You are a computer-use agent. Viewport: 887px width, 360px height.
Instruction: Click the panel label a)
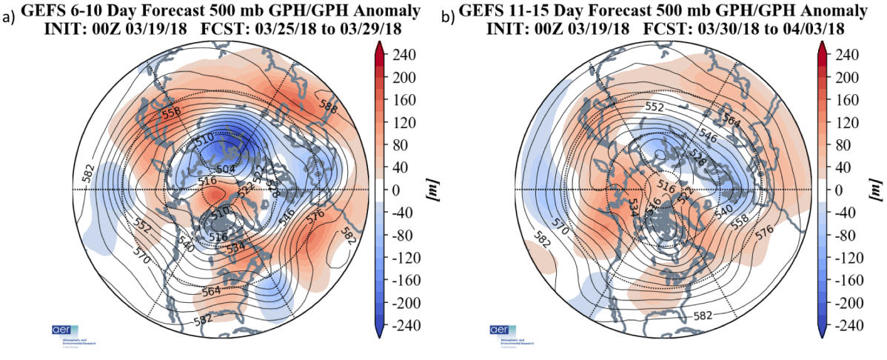(8, 15)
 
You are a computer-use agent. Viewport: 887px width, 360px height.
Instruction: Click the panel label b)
(447, 15)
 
